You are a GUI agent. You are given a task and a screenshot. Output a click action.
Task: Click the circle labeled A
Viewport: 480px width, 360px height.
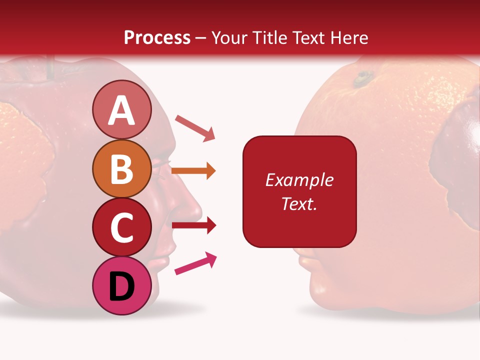[122, 109]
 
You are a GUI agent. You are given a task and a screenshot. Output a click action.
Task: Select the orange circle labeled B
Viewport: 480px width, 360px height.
[122, 168]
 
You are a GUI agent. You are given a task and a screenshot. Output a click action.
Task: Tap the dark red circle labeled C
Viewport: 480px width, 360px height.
[122, 227]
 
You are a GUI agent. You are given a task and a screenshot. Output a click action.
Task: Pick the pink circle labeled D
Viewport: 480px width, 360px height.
[122, 285]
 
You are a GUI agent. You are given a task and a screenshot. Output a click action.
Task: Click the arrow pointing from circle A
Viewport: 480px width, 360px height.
[195, 127]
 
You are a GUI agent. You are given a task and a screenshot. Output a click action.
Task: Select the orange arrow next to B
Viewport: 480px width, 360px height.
[193, 170]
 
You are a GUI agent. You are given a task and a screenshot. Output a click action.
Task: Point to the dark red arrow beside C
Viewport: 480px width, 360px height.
[194, 225]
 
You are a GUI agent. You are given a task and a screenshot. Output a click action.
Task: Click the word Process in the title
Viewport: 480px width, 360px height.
[157, 37]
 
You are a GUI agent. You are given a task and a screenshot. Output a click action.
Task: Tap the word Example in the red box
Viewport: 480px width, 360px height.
[299, 180]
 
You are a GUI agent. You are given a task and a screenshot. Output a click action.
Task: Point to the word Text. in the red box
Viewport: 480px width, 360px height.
[299, 203]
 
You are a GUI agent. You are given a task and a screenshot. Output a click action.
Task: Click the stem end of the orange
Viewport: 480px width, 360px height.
[363, 78]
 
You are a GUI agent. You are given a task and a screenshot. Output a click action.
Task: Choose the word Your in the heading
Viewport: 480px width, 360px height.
[230, 37]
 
